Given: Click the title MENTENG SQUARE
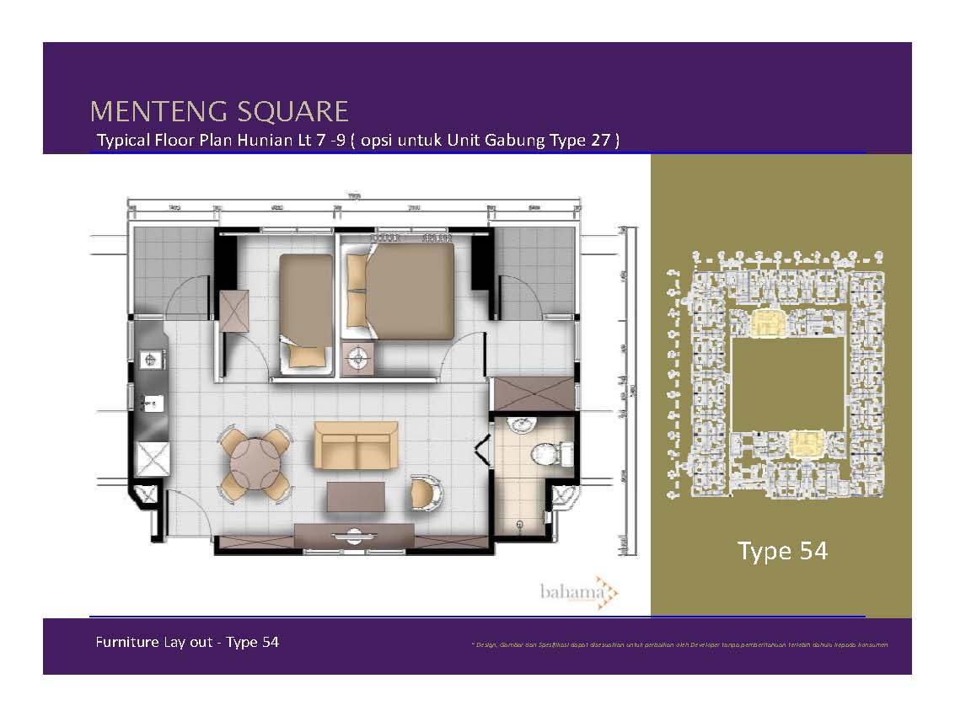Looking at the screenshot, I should point(219,111).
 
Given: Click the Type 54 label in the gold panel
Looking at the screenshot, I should point(782,551).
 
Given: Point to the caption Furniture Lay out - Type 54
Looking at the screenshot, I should point(187,642).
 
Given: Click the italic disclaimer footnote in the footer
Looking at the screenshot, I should point(679,644).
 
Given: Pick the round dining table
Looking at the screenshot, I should point(255,463).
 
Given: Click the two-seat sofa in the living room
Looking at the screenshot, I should point(355,445).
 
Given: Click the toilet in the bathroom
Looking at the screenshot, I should point(551,455).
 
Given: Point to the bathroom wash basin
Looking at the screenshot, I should point(523,425).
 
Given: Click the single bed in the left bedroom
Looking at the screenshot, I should point(306,307).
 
